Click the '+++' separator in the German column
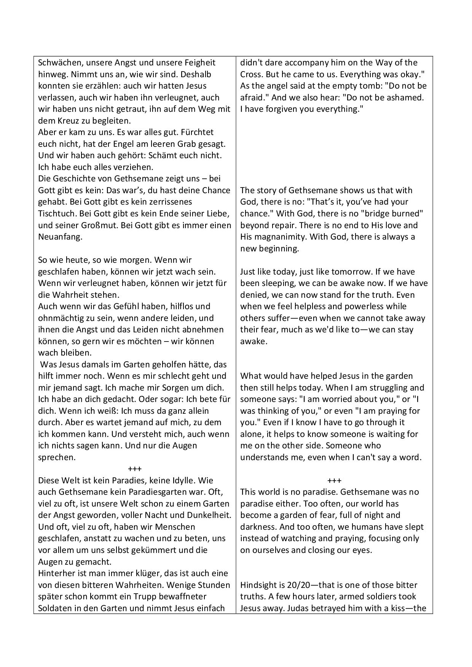point(135,469)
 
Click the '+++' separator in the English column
point(334,480)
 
